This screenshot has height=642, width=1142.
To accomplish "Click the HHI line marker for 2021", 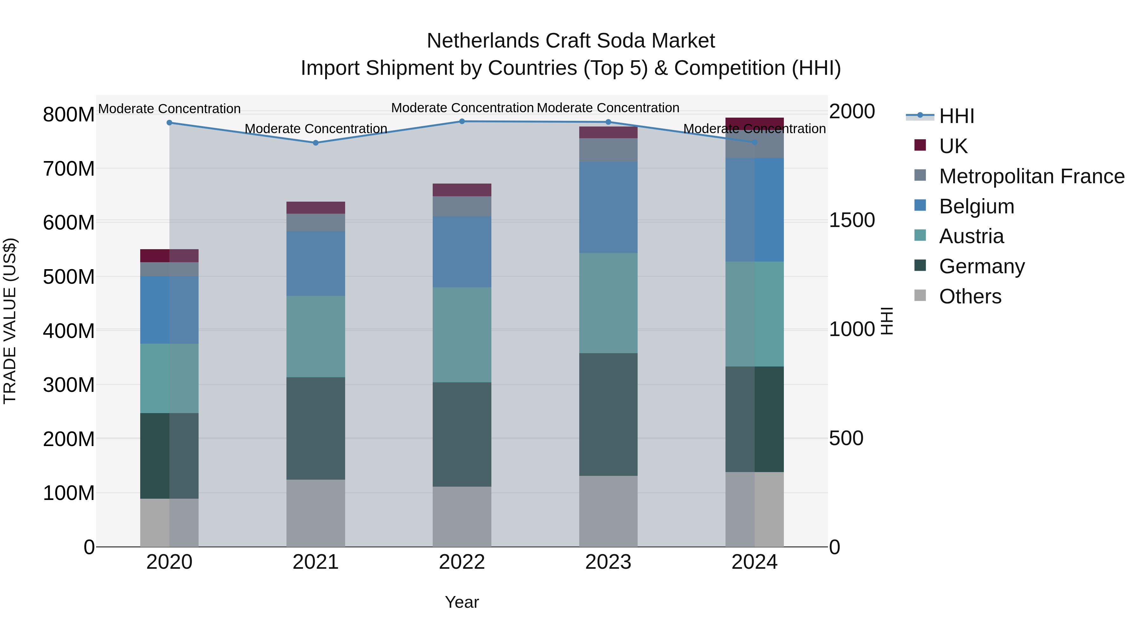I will click(316, 143).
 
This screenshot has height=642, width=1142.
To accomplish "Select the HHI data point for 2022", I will click(462, 121).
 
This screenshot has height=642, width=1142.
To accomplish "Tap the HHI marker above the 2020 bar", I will click(169, 123).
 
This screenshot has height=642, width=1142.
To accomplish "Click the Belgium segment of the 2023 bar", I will click(608, 207).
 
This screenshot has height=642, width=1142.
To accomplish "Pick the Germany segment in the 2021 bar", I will click(316, 428).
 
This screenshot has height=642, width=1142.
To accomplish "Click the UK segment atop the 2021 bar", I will click(316, 208).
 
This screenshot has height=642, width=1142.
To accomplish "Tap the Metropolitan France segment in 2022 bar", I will click(462, 206).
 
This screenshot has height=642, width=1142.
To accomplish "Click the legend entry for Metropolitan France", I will click(1032, 176).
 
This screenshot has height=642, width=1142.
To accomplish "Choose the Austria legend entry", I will click(971, 236).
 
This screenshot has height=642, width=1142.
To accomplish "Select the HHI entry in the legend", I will click(956, 116).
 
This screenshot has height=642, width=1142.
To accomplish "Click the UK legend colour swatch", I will click(920, 145).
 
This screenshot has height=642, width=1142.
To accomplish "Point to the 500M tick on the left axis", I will click(69, 277).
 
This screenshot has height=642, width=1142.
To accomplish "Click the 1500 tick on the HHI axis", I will click(852, 220).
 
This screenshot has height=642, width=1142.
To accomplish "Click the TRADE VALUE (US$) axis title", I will click(10, 321).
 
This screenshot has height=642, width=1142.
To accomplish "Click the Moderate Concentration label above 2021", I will click(316, 129).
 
